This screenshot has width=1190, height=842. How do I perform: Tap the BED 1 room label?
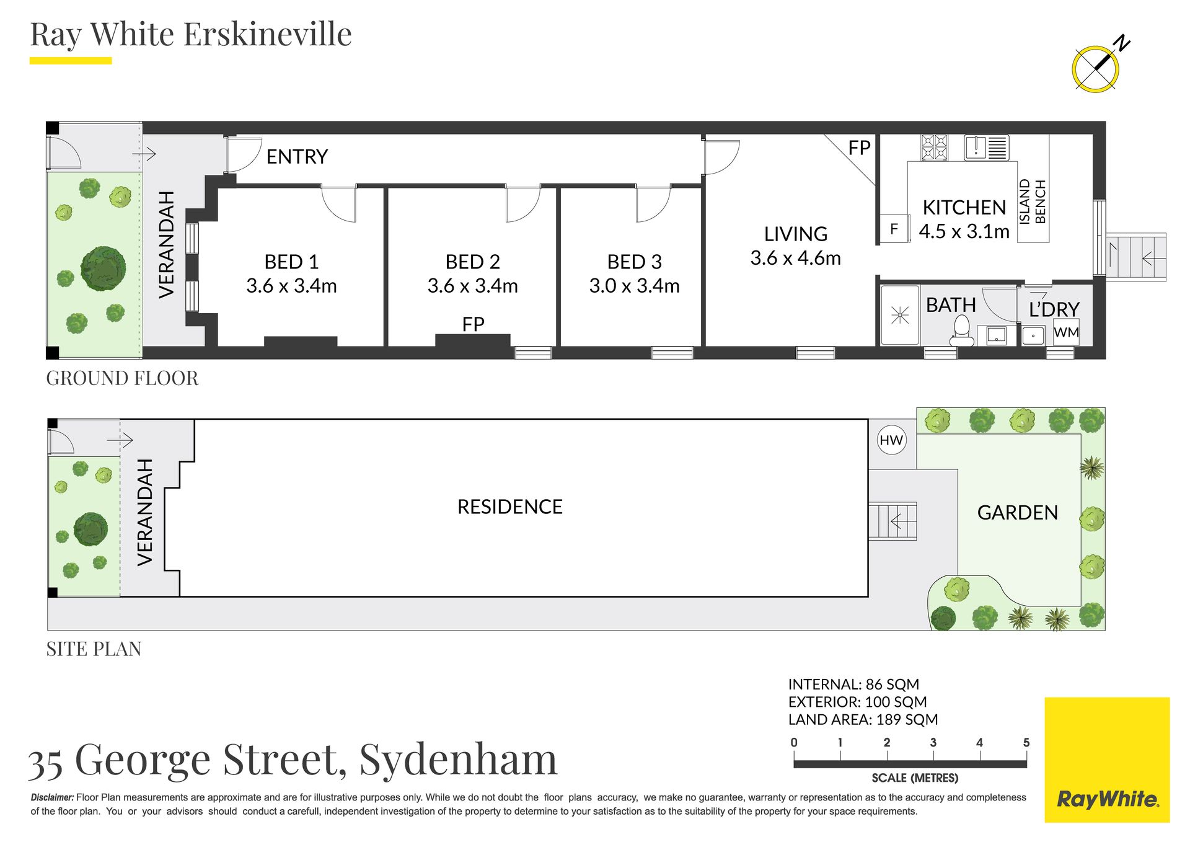coord(291,262)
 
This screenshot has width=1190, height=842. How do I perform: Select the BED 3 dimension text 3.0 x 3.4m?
coord(634,286)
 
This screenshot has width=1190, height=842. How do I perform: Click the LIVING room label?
coord(796,234)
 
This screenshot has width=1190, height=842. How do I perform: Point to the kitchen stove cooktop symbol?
coord(934,148)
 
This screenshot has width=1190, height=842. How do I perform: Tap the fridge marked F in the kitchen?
coord(894,229)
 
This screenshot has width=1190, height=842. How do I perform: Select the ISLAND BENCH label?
coord(1033,202)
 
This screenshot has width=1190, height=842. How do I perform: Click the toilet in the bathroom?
coord(961,330)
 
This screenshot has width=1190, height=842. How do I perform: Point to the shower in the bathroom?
coord(900,315)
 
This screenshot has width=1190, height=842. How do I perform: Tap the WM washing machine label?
coord(1066,332)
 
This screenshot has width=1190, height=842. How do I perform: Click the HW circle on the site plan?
coord(891,440)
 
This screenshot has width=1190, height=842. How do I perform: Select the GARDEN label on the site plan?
coord(1017,513)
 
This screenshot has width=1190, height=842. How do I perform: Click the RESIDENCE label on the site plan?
coord(509,507)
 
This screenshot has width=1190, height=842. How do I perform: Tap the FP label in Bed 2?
coord(473,324)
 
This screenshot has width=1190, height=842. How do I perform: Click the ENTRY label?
coord(297,156)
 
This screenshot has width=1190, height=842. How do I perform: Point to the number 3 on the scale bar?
coord(933,742)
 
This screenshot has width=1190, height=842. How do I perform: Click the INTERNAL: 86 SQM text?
coord(853,685)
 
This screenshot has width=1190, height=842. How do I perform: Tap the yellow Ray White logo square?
coord(1107,760)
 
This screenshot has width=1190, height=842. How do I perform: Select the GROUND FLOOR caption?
coord(122,378)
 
